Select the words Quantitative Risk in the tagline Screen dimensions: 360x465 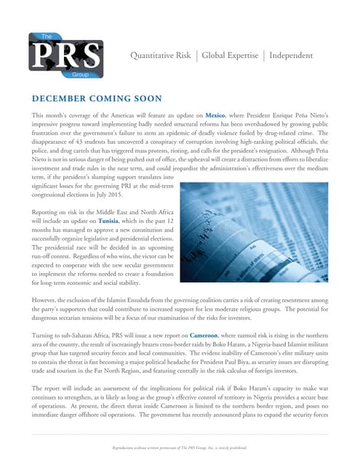pos(160,55)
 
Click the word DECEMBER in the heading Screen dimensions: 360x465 pos(59,98)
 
